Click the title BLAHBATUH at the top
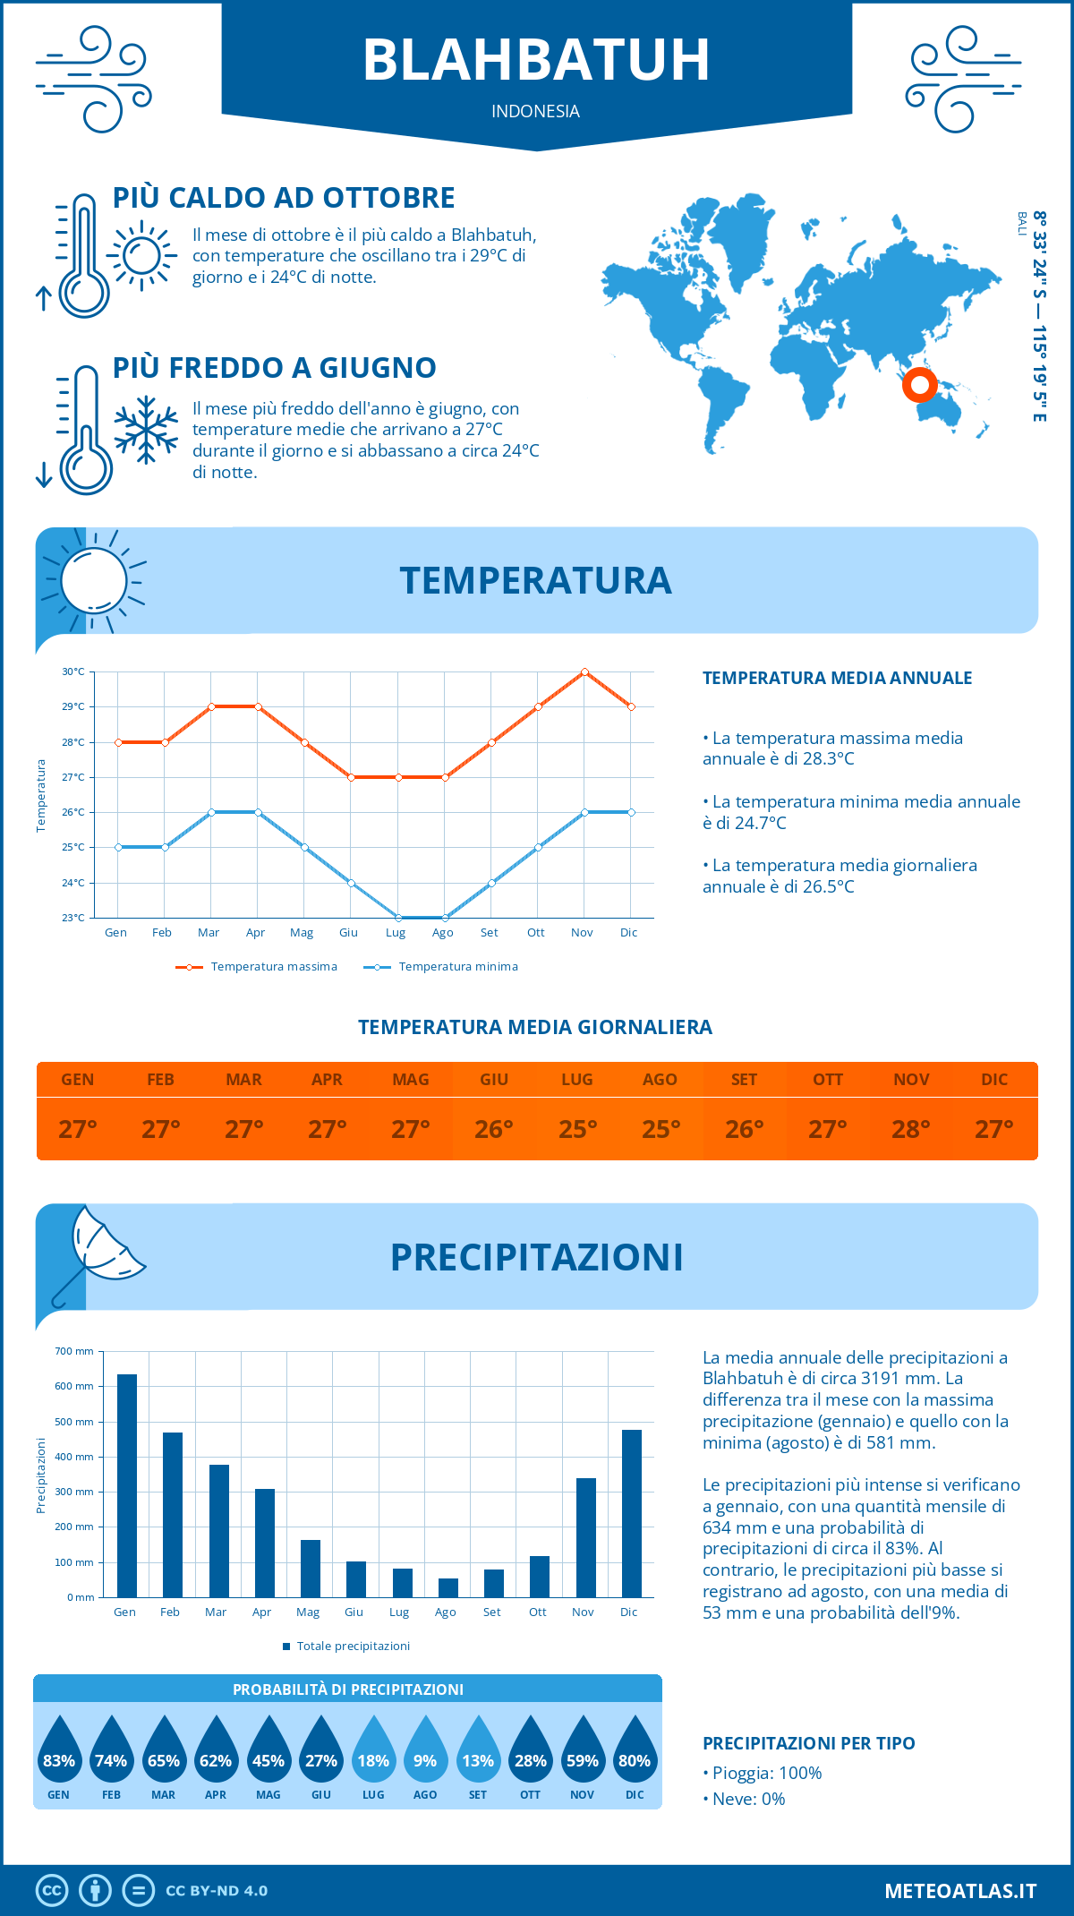point(536,60)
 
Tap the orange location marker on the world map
point(919,385)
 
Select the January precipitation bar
point(126,1485)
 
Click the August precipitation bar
point(447,1587)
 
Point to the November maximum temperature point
point(584,671)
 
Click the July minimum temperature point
point(398,918)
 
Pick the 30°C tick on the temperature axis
point(73,671)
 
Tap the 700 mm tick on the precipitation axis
point(74,1351)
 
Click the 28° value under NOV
point(911,1129)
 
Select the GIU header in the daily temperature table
point(494,1080)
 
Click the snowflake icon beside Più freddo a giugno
point(146,430)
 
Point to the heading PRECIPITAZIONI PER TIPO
point(808,1743)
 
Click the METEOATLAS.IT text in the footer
point(959,1891)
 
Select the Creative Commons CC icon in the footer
point(52,1891)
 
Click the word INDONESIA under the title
point(535,111)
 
